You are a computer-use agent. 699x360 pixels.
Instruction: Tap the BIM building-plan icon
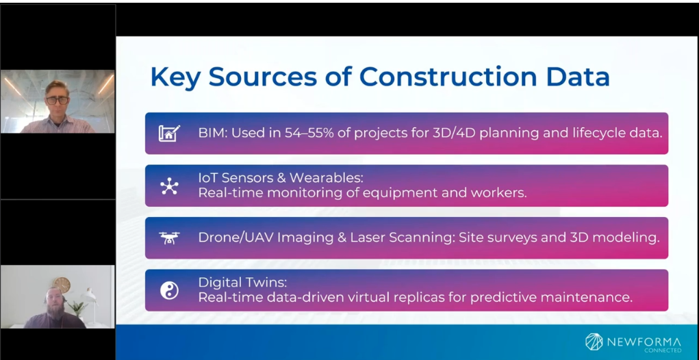click(x=169, y=133)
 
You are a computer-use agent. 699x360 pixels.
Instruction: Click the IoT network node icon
click(x=169, y=185)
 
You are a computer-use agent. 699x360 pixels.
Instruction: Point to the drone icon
click(x=169, y=238)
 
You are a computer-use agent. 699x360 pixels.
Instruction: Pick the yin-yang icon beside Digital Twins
click(x=169, y=290)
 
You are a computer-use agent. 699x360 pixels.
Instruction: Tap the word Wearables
click(x=327, y=178)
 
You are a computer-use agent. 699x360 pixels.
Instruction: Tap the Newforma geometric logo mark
click(x=594, y=342)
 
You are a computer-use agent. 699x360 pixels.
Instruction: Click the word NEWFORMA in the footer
click(x=644, y=342)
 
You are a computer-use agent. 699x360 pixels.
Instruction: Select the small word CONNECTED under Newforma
click(x=663, y=350)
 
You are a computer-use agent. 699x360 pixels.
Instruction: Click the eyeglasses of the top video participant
click(x=58, y=100)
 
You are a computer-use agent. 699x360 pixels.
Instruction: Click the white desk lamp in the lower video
click(x=91, y=304)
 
